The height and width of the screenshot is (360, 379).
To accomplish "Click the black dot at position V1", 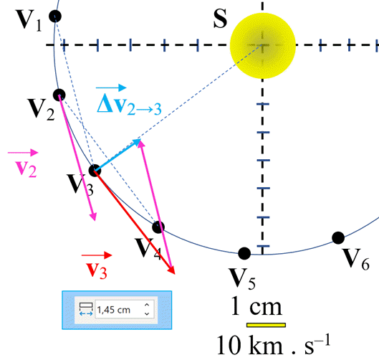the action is click(x=55, y=16).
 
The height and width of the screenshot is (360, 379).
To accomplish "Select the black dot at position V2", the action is click(x=59, y=95).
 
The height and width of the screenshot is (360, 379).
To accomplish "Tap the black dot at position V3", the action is click(x=95, y=171).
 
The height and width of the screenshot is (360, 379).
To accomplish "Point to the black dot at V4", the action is click(x=158, y=227).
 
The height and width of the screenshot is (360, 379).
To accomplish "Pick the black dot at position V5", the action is click(x=244, y=253).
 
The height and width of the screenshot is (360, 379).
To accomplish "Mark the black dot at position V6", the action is click(x=338, y=237).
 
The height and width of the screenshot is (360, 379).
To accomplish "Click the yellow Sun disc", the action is click(x=263, y=45).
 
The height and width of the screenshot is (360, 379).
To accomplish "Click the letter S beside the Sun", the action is click(x=220, y=19).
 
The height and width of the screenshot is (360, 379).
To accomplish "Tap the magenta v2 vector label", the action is click(x=24, y=164).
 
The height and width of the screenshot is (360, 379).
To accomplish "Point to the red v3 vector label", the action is click(x=97, y=265).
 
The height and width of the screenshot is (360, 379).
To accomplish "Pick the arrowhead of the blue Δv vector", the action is click(x=137, y=142).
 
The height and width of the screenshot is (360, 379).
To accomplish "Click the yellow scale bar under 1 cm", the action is click(x=266, y=325).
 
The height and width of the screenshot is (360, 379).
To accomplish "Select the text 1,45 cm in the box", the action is click(x=114, y=310).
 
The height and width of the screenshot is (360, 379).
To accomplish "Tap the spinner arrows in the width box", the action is click(x=147, y=309).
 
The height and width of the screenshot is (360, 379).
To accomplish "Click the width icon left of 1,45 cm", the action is click(x=86, y=309).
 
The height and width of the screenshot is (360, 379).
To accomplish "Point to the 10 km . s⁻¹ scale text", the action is click(x=274, y=345).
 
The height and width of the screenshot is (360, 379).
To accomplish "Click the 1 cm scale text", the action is click(x=256, y=306).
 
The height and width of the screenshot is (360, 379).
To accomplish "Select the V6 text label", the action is click(x=356, y=260).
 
